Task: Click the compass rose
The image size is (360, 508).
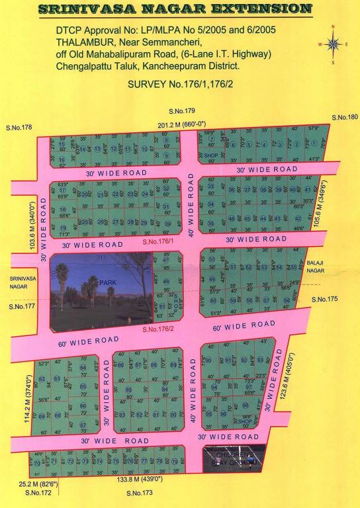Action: pyautogui.click(x=334, y=44)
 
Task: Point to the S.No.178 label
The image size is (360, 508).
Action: pyautogui.click(x=19, y=127)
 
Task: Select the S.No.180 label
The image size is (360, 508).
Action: pyautogui.click(x=344, y=117)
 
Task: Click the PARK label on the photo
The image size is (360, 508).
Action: pyautogui.click(x=107, y=282)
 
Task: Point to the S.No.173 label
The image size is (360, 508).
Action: pyautogui.click(x=139, y=493)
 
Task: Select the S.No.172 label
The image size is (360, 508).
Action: pyautogui.click(x=38, y=493)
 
